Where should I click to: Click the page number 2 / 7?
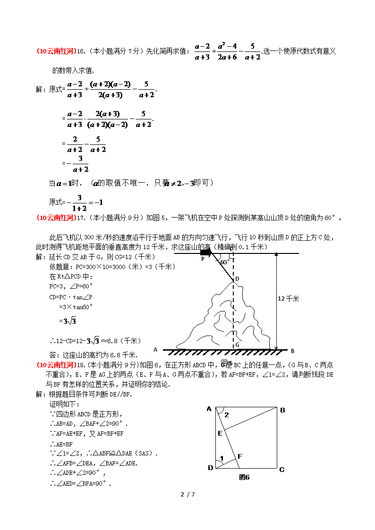coord(187,495)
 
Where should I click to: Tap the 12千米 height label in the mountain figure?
coord(289,298)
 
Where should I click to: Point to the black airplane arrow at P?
coord(206,253)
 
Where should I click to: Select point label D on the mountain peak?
coord(237,279)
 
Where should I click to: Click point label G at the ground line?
coord(237,345)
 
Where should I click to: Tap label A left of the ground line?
coord(155,350)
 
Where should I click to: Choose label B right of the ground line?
coord(293,351)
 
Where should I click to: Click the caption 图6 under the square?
coord(244,477)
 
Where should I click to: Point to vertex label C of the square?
coord(281,469)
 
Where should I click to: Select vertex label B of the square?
coord(282,410)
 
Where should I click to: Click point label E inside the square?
coord(220,433)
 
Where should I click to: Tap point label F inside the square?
coord(240,456)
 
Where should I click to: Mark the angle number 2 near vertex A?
coord(226,415)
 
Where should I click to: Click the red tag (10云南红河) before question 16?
coord(56,51)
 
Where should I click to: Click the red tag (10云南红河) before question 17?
coord(56,218)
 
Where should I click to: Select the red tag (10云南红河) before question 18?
coord(56,364)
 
